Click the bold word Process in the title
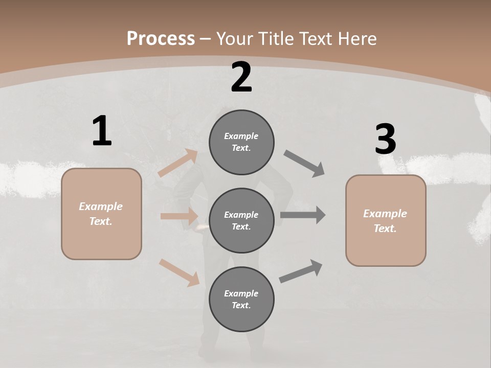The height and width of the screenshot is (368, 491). click(x=161, y=38)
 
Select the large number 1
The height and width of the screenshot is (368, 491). click(x=102, y=131)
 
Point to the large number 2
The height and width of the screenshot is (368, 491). click(x=241, y=77)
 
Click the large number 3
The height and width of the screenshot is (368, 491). click(x=385, y=139)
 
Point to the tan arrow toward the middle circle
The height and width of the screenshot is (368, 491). click(x=179, y=216)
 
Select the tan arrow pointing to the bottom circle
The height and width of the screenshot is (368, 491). click(x=180, y=272)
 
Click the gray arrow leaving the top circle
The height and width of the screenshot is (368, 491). click(x=304, y=164)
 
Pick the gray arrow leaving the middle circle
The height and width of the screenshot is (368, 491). click(x=303, y=215)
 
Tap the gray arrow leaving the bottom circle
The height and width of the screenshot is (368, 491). click(x=301, y=271)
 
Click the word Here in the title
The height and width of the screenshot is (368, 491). click(x=357, y=38)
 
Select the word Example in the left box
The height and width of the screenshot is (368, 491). click(x=101, y=206)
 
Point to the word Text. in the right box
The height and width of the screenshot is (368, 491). click(x=385, y=228)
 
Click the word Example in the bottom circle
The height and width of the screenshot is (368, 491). click(x=241, y=293)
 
